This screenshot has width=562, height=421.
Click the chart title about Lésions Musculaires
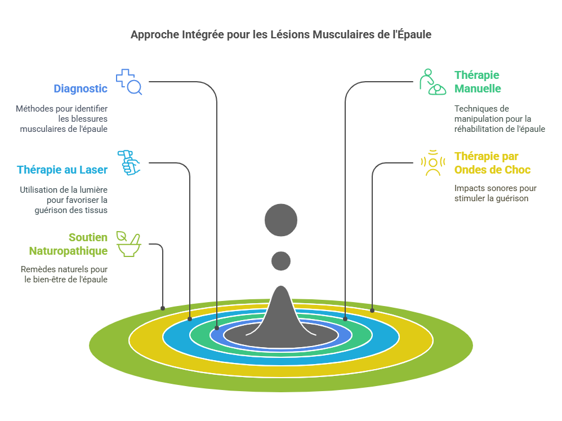[280, 34]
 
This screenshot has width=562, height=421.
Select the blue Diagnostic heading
[81, 88]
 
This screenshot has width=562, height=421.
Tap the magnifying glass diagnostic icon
[129, 82]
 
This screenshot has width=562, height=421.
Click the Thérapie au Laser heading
[62, 170]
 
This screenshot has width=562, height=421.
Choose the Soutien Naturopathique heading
[68, 244]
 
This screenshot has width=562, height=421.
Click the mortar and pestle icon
[129, 243]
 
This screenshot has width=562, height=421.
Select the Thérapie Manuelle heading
[478, 82]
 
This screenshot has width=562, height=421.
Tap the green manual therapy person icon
[432, 82]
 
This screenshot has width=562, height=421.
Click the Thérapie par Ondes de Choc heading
[492, 163]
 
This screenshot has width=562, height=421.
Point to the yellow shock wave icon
[432, 163]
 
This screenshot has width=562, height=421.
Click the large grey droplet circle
[280, 219]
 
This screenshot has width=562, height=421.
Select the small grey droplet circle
[280, 261]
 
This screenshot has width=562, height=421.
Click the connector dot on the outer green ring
[163, 308]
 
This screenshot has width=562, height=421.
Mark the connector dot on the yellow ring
[372, 310]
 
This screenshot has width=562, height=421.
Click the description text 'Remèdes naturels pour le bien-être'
[64, 274]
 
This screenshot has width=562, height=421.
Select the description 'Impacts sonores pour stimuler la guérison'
[495, 193]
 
